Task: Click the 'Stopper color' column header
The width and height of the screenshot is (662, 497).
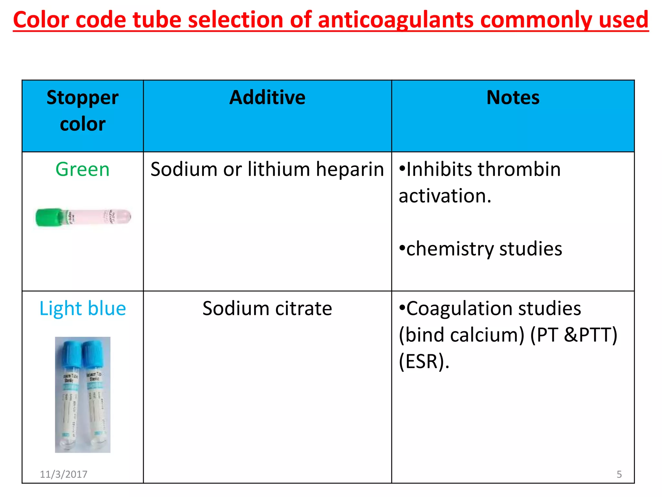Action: tap(82, 111)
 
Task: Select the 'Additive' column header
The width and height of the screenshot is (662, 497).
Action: tap(267, 98)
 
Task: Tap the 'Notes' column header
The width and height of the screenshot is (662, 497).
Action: tap(513, 98)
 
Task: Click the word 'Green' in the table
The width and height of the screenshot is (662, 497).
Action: tap(82, 169)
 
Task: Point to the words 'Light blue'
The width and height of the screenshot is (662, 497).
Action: tap(82, 308)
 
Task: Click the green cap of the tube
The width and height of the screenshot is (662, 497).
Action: tap(48, 217)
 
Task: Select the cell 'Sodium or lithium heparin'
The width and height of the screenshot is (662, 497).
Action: tap(267, 169)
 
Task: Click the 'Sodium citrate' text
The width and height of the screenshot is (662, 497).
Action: tap(267, 308)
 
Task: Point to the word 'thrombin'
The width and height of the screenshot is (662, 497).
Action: tap(519, 169)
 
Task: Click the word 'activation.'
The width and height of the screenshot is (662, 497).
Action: tap(445, 196)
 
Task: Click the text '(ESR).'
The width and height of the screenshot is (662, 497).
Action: tap(424, 361)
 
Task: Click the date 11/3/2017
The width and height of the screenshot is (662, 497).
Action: tap(63, 474)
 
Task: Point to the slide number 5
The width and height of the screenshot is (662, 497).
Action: tap(619, 474)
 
